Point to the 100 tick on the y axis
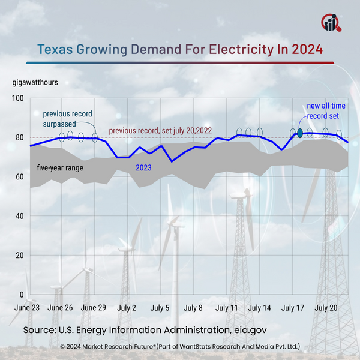(17, 98)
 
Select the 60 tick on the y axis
(19, 177)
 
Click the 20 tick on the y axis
(19, 256)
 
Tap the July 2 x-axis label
(126, 308)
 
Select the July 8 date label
(193, 308)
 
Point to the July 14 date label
(259, 308)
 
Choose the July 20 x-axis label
(326, 308)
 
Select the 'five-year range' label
(60, 167)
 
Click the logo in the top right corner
(331, 22)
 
